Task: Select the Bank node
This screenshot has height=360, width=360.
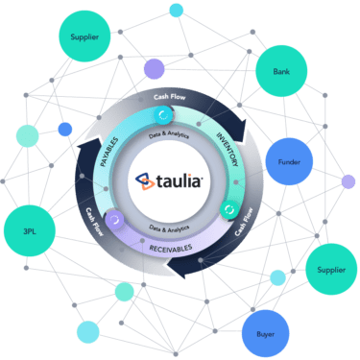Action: [282, 72]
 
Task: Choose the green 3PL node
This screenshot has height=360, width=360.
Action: [36, 233]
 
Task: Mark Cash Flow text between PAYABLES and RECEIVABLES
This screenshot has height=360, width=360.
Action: [97, 220]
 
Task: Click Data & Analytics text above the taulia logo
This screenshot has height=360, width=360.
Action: [181, 136]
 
